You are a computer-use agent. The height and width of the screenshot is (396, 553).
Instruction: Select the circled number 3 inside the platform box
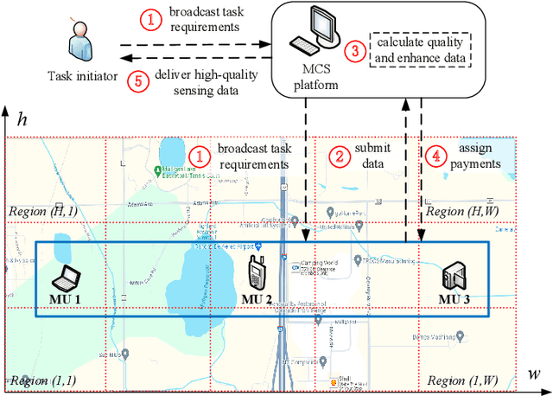pyautogui.click(x=353, y=50)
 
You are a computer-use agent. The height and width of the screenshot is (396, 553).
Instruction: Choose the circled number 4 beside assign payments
pyautogui.click(x=435, y=156)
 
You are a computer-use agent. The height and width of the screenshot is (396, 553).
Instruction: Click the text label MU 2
pyautogui.click(x=257, y=299)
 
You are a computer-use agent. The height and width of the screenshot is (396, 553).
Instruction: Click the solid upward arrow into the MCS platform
pyautogui.click(x=406, y=173)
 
